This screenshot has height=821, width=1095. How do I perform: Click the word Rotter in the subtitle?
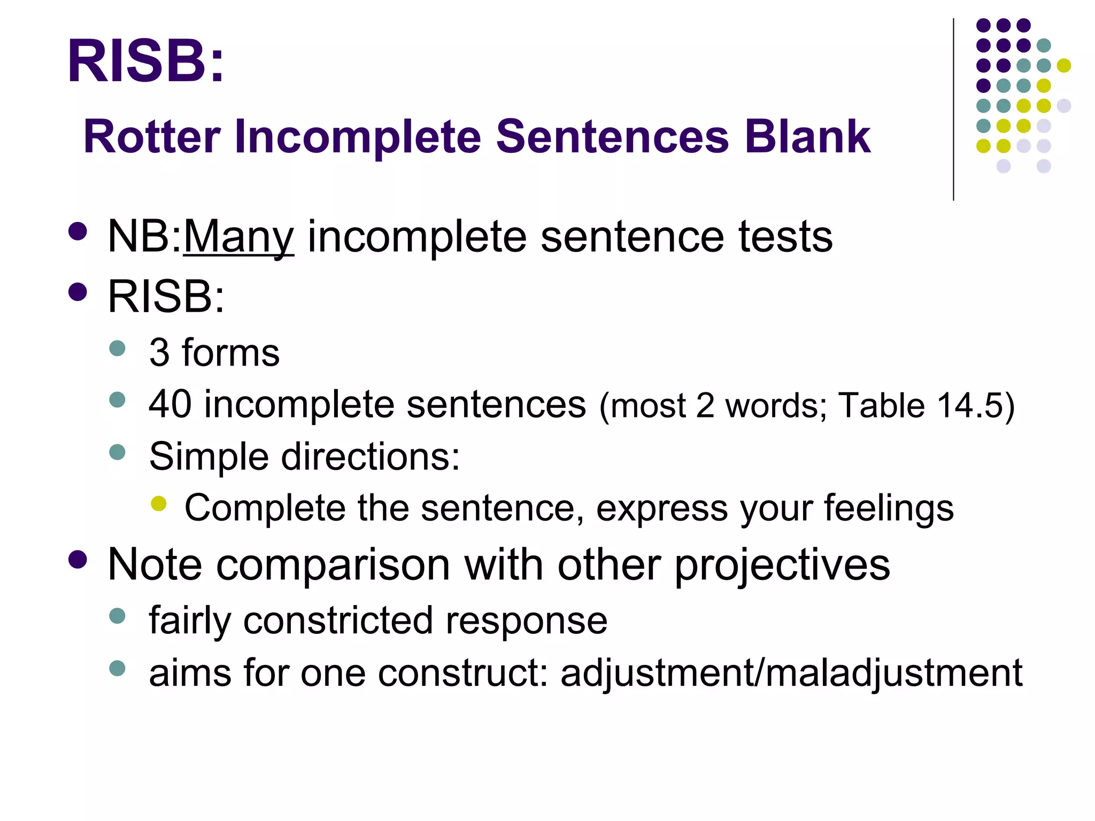coord(152,137)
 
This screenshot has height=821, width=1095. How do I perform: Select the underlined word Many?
coord(238,237)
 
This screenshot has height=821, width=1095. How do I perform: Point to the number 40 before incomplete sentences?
coord(170,404)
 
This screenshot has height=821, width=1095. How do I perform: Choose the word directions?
coord(370,457)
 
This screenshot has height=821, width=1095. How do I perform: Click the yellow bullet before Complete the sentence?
coord(159,504)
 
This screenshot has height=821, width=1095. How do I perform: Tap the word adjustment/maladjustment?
coord(791,673)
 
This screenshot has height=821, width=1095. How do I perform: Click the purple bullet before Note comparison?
coord(78,560)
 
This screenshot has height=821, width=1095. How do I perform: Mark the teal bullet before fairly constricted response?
coord(117,616)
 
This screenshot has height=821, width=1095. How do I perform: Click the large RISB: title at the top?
coord(145,61)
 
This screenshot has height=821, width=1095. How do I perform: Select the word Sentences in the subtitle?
coord(612,137)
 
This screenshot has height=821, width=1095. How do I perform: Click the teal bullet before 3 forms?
coord(117,348)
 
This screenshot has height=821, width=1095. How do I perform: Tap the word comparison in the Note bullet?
coord(333,566)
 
